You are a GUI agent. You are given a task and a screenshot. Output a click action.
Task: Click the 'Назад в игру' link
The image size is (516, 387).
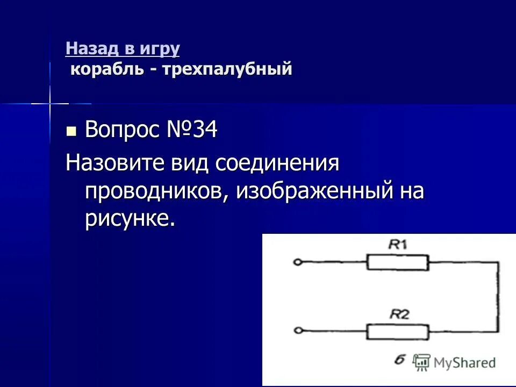pyautogui.click(x=123, y=49)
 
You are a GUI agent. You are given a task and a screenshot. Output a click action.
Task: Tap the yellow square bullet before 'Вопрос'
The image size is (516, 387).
pyautogui.click(x=71, y=131)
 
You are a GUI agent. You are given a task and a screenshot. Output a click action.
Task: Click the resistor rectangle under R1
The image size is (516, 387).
pyautogui.click(x=398, y=263)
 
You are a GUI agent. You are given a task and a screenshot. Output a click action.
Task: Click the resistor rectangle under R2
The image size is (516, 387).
pyautogui.click(x=398, y=332)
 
